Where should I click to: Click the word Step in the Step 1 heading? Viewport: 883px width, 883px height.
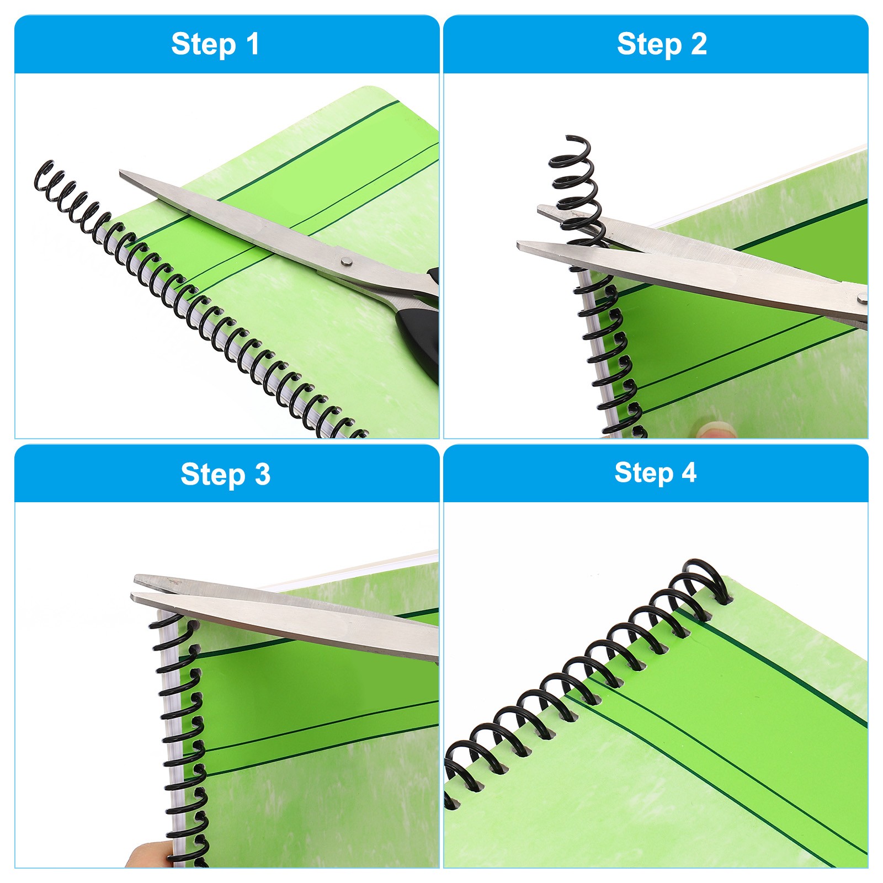coord(203,45)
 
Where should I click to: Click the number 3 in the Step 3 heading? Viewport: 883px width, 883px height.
coord(262,474)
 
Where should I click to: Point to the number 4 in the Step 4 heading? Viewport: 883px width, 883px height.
coord(688,472)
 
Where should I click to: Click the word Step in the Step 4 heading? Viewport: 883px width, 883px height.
coord(643,474)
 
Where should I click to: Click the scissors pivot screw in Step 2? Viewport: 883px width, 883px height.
coord(861,299)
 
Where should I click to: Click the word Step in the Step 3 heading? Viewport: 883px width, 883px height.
coord(212,475)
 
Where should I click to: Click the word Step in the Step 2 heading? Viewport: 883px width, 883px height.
coord(649,45)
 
